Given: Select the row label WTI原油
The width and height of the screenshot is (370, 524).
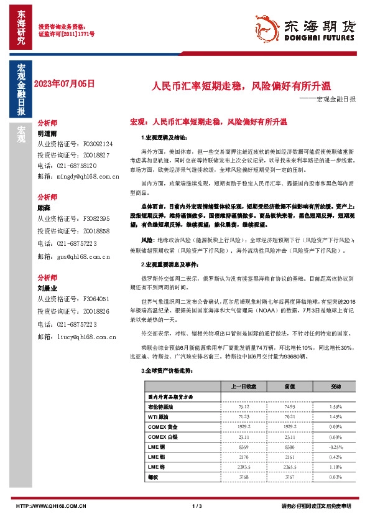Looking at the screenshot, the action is pyautogui.click(x=159, y=417).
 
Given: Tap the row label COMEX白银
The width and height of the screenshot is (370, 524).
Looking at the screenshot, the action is pyautogui.click(x=163, y=437).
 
